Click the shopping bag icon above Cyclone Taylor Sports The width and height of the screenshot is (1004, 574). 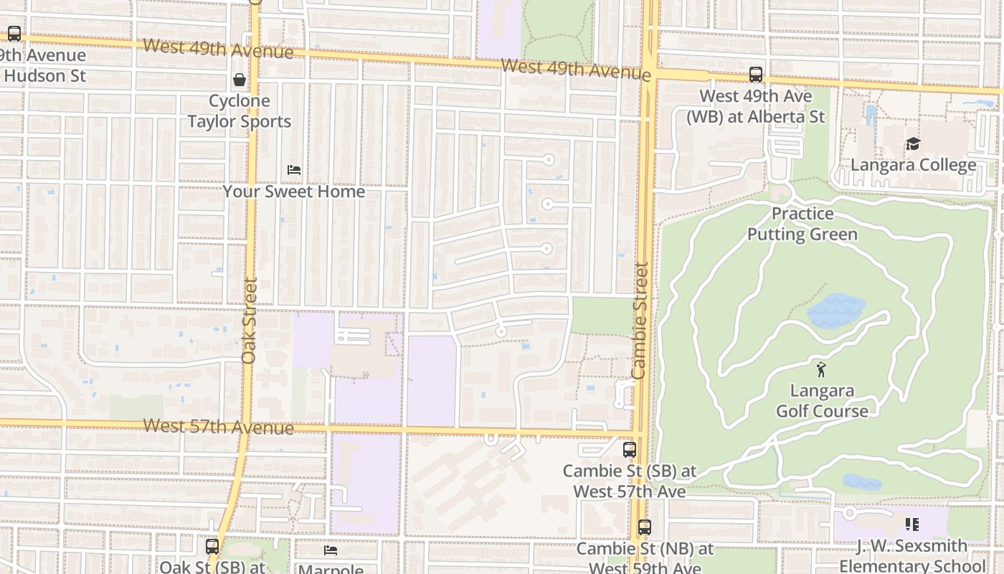[x=240, y=80]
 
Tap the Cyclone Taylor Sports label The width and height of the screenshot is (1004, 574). [x=240, y=111]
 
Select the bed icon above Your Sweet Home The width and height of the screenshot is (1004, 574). [x=294, y=170]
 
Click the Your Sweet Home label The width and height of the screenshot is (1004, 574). [x=294, y=192]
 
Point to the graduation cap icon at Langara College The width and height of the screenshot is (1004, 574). [x=913, y=144]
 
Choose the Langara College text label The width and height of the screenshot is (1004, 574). [x=913, y=165]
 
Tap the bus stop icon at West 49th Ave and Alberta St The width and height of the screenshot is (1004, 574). [x=756, y=75]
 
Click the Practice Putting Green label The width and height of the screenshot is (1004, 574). [x=802, y=224]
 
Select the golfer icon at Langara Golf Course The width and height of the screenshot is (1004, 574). [x=822, y=370]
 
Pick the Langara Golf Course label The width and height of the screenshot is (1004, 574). [x=822, y=401]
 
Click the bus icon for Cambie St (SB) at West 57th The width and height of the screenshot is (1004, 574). [x=630, y=450]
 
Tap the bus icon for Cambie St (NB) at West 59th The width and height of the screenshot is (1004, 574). [x=645, y=527]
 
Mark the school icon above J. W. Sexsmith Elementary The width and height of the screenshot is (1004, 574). [x=912, y=524]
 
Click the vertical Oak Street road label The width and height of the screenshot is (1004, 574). [x=249, y=320]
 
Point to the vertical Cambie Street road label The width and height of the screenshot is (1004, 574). [x=640, y=320]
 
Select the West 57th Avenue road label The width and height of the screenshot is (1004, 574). [x=219, y=427]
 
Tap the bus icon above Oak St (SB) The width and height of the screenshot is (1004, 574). [x=212, y=546]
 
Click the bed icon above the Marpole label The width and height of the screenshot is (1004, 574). [x=331, y=550]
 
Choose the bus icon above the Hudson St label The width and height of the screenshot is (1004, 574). [x=14, y=34]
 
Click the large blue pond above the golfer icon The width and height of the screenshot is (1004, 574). [x=835, y=311]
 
